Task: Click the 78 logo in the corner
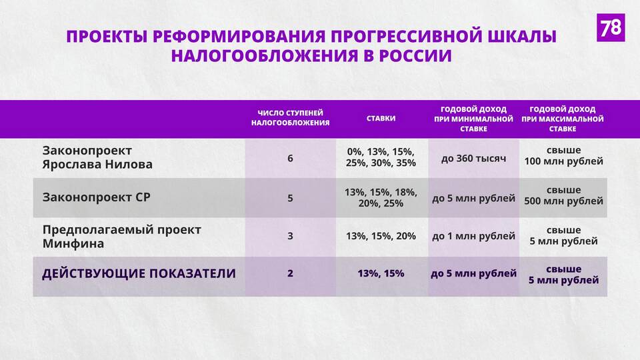[611, 27]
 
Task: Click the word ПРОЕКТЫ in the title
[107, 37]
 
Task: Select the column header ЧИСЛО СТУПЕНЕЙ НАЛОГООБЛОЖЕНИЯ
[290, 118]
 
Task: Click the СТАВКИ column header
[381, 119]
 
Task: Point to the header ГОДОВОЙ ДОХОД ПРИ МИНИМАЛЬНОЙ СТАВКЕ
[473, 119]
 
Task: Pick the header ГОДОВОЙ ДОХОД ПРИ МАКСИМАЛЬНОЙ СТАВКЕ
[563, 119]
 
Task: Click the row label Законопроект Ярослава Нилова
[97, 157]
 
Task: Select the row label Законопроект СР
[96, 197]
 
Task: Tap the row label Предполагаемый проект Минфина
[121, 237]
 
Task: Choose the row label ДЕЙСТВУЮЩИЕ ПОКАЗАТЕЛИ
[139, 273]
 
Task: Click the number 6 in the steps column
[290, 159]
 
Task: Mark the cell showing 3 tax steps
[290, 236]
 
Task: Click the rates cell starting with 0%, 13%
[381, 157]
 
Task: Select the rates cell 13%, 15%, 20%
[381, 236]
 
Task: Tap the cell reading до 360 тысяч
[473, 159]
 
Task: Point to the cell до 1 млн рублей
[473, 236]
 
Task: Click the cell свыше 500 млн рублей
[564, 195]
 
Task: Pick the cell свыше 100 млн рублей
[564, 156]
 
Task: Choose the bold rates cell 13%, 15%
[381, 273]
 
